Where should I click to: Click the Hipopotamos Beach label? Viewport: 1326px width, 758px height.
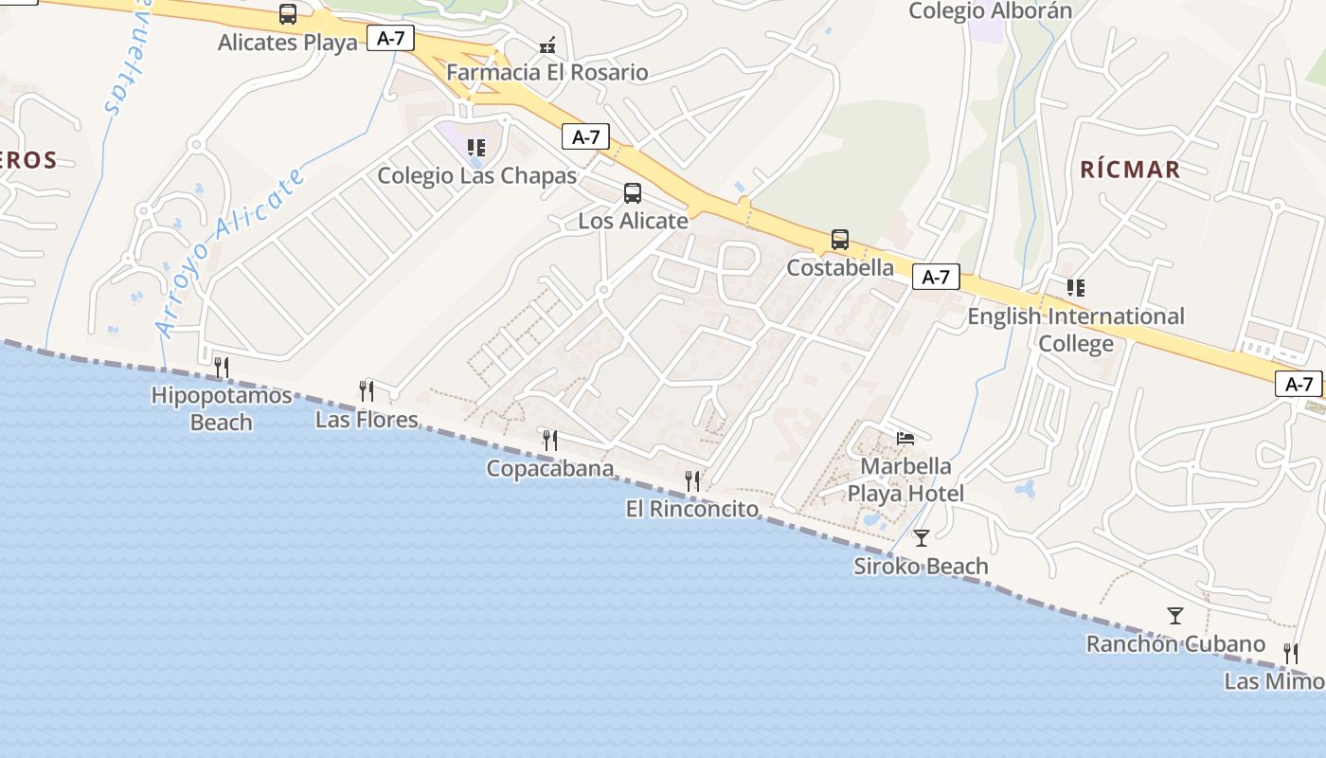[222, 408]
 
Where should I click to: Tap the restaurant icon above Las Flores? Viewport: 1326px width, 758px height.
[367, 390]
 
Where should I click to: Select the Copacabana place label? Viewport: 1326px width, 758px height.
[549, 468]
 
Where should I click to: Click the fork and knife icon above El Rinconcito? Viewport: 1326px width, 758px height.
[692, 481]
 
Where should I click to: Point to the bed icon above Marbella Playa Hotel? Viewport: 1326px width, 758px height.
[906, 439]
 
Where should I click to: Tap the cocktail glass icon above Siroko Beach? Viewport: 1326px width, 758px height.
[922, 538]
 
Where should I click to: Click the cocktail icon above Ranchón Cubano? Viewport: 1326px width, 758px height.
[1175, 616]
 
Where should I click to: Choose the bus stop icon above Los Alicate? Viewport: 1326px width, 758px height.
[633, 193]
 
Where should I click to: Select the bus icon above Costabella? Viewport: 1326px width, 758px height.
[840, 240]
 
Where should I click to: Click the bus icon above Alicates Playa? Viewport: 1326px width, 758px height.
[288, 14]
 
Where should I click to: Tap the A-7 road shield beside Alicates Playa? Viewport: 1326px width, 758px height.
[390, 39]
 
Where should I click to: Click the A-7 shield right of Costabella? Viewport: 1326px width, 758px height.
[936, 277]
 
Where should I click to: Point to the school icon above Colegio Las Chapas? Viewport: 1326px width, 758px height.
[476, 148]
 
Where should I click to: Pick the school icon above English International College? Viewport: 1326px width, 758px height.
[1076, 287]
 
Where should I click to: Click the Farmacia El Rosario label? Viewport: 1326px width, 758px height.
[547, 72]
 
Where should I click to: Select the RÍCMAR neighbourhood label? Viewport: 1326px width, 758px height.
[1130, 170]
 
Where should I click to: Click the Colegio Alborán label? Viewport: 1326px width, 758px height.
[991, 11]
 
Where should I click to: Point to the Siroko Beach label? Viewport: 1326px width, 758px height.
[921, 567]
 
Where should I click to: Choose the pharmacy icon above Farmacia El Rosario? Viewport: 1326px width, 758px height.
[547, 45]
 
